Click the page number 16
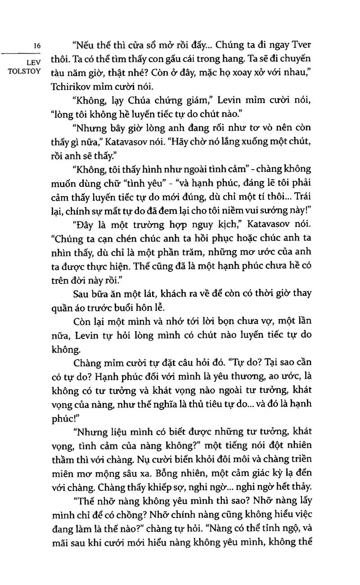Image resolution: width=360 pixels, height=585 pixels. (x=37, y=45)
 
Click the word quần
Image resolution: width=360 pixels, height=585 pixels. (x=67, y=307)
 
